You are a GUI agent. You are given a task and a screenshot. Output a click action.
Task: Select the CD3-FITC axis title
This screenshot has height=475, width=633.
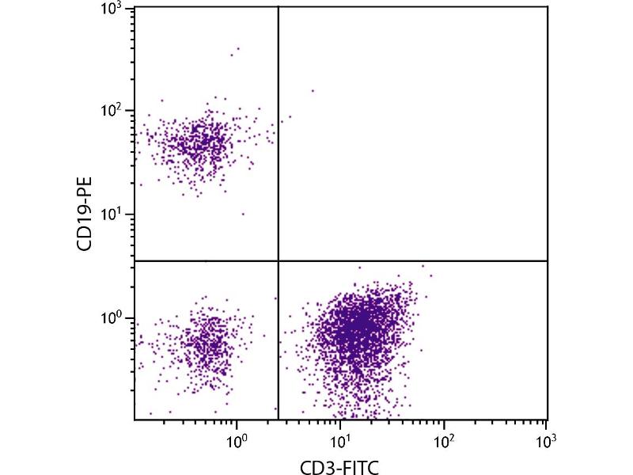coord(340,466)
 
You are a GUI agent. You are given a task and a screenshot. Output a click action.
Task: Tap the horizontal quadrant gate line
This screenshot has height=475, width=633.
coord(411,260)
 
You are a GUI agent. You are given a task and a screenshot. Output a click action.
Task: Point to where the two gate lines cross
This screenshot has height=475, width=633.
coord(279,260)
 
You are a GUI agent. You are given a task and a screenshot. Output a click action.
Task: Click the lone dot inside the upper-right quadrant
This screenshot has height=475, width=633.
coord(313,90)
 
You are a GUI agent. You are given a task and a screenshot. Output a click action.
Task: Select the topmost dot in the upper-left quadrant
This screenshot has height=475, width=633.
coord(238,48)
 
